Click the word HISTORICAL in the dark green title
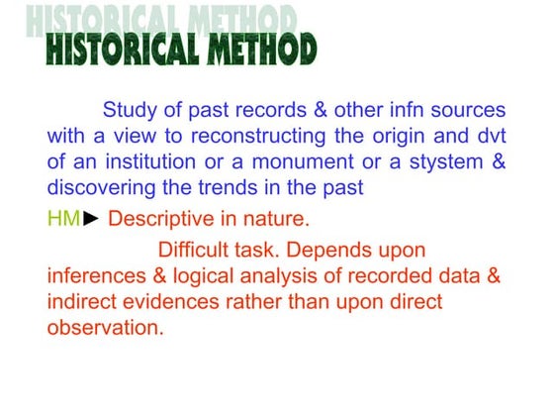click(117, 49)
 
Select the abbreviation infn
click(386, 109)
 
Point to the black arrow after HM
click(91, 218)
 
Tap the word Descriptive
click(162, 218)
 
